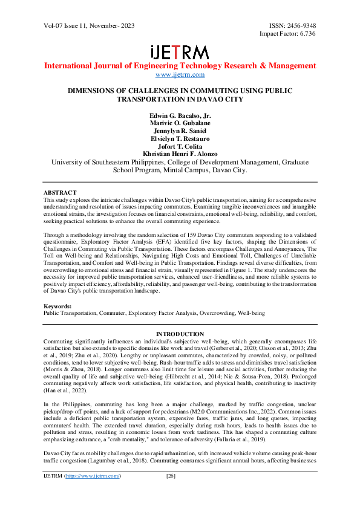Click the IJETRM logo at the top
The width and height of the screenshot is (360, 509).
180,52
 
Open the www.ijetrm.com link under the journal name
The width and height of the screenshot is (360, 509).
180,75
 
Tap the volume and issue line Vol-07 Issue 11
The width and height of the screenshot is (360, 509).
72,26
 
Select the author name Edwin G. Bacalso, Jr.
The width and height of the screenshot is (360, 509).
180,115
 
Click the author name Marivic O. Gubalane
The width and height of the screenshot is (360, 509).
180,123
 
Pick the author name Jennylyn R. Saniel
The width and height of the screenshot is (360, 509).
180,131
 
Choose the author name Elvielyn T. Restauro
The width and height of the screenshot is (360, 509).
180,138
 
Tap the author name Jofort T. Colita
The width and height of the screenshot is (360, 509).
180,146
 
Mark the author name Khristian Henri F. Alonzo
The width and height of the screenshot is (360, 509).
180,154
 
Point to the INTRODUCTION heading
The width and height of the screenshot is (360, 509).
180,334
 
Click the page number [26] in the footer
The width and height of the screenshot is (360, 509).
171,493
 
